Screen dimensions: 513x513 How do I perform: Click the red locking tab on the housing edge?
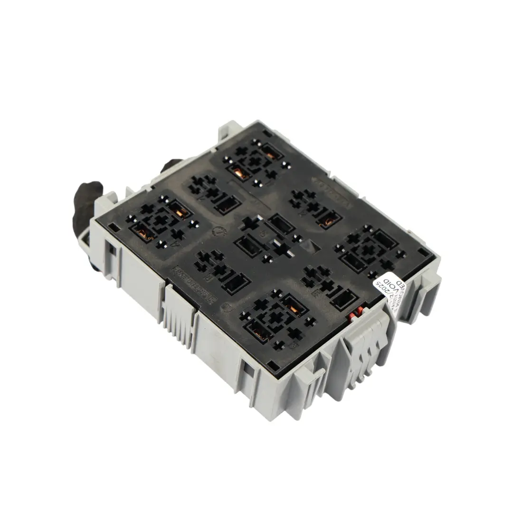point(354,316)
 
